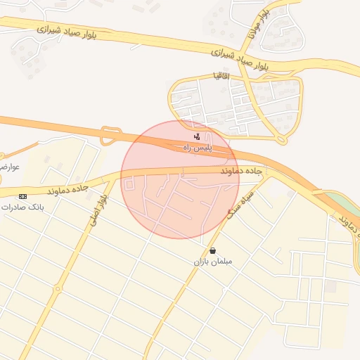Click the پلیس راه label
(x=198, y=148)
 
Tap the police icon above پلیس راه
(x=197, y=136)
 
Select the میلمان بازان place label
(x=212, y=262)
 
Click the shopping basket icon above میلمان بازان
(x=212, y=250)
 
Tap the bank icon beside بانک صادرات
(x=23, y=196)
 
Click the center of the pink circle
(x=180, y=179)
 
